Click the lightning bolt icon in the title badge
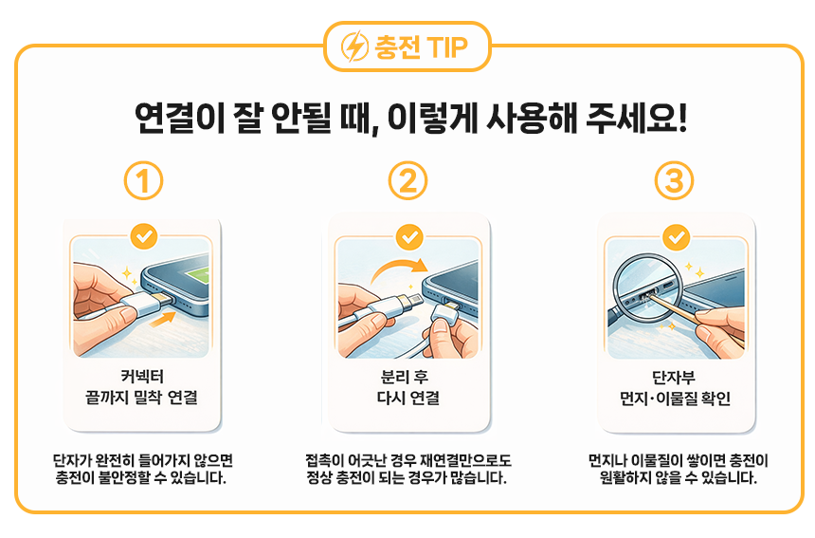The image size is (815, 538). coord(354,46)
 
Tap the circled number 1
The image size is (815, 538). coord(143,181)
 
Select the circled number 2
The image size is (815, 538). coord(408,181)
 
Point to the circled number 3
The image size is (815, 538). coord(674,181)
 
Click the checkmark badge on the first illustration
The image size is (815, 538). coord(144,237)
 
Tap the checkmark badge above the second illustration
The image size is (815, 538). coord(409,237)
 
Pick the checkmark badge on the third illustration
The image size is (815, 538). coord(677,237)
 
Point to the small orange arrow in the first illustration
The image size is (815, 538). coord(162,320)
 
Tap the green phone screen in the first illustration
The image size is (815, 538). coord(196,276)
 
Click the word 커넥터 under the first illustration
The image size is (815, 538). coord(142,376)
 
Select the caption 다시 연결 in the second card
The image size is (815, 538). coord(408,398)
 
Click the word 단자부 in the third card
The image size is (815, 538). coord(674,378)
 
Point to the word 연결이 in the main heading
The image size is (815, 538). coord(179,118)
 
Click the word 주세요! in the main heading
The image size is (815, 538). coord(636,118)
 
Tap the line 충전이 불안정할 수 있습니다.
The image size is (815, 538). coord(141,478)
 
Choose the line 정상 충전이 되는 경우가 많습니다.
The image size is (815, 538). coord(407,478)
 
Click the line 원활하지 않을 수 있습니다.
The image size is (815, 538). coord(678,478)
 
